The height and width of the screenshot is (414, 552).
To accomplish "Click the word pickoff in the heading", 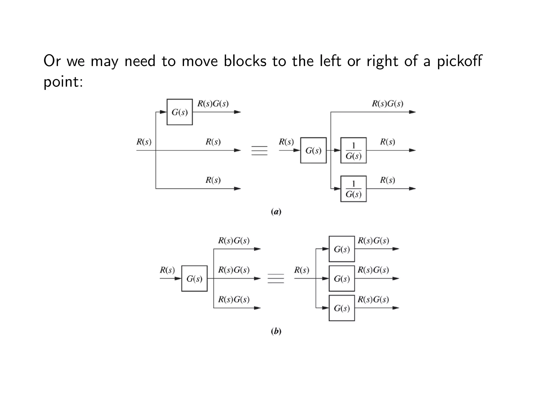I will coord(459,61).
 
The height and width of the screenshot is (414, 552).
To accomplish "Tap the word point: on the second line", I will coord(63,81).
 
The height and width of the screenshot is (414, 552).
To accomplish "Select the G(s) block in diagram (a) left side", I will coord(180,112).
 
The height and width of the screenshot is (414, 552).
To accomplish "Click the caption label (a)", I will coord(276,212).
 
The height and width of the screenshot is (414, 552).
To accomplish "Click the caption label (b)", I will coord(276,331).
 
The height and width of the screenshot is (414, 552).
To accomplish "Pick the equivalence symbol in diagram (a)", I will coord(259,150).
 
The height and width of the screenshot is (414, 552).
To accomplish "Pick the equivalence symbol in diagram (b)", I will coord(275,278).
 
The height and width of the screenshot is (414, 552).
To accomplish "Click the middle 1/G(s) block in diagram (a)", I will coord(353,150).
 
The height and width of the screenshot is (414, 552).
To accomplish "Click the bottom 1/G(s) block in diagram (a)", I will coord(353,189).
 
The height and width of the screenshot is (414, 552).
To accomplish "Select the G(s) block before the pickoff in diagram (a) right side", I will coord(313,150).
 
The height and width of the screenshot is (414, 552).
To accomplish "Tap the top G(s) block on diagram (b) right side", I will coord(341,249).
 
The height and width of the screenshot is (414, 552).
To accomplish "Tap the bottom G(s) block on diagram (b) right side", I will coord(341,308).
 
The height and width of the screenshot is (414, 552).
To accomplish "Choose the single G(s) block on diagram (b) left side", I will coord(194,278).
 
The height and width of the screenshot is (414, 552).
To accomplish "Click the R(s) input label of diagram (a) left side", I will coord(144,142).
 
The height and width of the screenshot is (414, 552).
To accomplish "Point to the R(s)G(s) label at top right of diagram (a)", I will coord(387,104).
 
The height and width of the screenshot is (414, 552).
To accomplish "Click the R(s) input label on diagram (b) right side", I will coord(301,270).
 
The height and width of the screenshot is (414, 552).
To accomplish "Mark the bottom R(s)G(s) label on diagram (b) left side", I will coord(234,299).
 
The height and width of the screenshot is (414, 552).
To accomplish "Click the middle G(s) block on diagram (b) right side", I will coord(341,278).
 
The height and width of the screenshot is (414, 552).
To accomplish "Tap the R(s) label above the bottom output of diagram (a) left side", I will coord(213,180).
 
